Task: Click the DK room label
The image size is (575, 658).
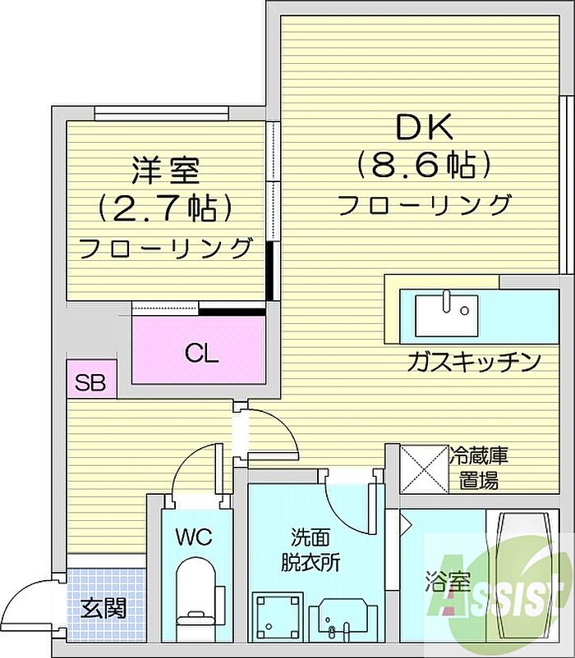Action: click(x=425, y=127)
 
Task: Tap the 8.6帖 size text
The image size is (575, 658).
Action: click(x=425, y=166)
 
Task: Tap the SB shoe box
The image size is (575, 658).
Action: click(x=90, y=382)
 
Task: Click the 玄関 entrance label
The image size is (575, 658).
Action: click(x=103, y=610)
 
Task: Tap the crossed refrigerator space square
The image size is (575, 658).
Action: click(x=422, y=468)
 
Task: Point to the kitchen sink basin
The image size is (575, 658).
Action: click(x=446, y=312)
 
